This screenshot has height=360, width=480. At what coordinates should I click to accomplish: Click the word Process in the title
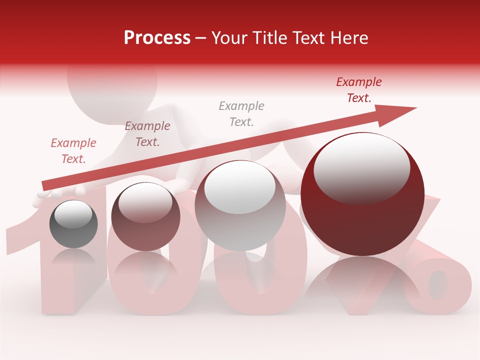[157, 38]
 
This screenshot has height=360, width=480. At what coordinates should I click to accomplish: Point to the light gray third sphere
[240, 205]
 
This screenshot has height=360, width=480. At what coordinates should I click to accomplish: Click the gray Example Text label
[241, 113]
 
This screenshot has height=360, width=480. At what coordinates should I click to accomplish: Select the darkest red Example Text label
[359, 90]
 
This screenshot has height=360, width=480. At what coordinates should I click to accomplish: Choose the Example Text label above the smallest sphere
[73, 151]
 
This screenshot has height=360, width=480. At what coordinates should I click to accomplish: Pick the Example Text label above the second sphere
[147, 134]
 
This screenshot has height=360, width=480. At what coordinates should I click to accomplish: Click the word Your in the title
[229, 38]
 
